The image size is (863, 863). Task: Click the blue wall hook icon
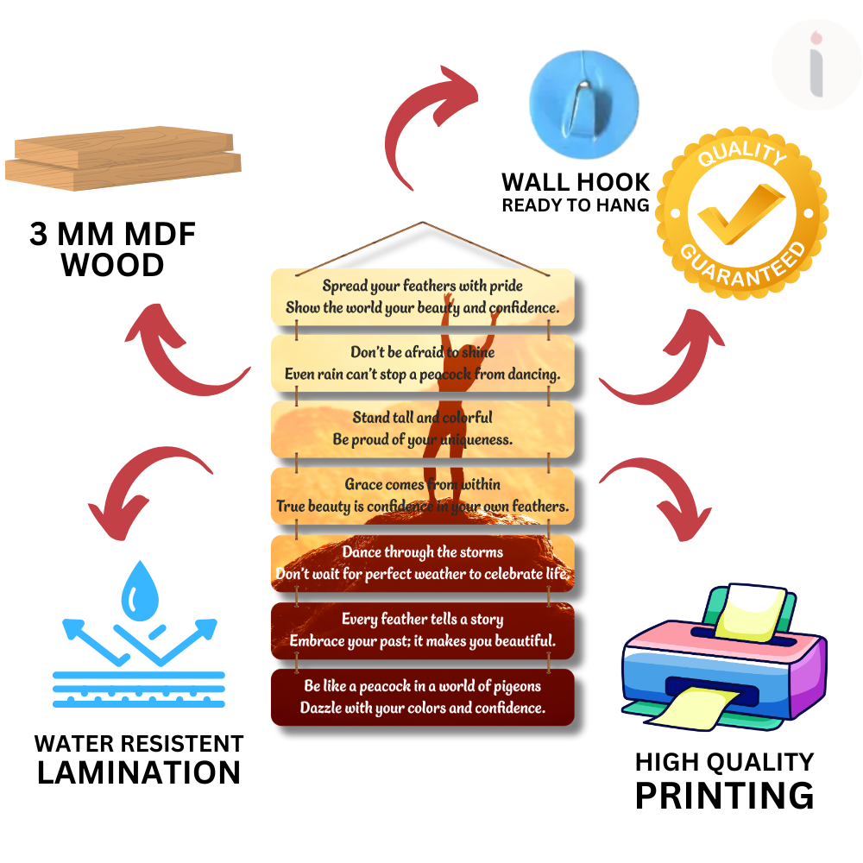pos(583,97)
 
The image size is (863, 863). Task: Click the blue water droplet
pos(137,592)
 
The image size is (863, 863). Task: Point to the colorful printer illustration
pos(723,658)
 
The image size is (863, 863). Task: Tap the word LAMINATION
pos(139,772)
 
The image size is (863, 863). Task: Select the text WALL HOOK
pos(576,182)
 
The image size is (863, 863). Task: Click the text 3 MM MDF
pos(113,235)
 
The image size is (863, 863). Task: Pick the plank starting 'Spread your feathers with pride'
pos(423,296)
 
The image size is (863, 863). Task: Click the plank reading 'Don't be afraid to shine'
pos(423,363)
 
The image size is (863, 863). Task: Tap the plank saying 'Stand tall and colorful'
pos(423,429)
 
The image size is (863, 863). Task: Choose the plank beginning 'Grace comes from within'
pos(423,495)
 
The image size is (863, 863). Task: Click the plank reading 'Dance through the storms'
pos(423,563)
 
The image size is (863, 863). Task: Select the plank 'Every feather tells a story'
pos(423,630)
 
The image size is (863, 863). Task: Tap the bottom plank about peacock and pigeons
pos(423,697)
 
